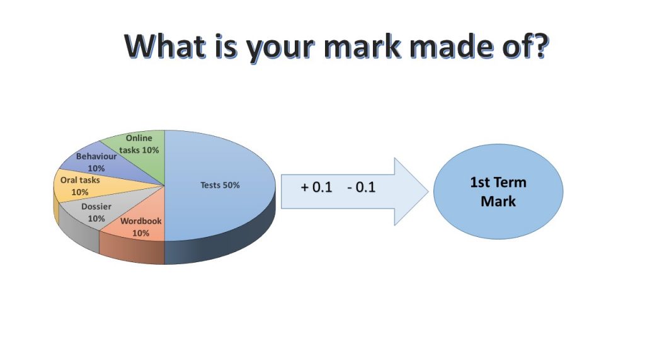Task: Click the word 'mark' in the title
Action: pyautogui.click(x=362, y=46)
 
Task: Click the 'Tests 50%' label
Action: pyautogui.click(x=220, y=185)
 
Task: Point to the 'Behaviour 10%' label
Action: pyautogui.click(x=96, y=162)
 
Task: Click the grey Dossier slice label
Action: pyautogui.click(x=96, y=212)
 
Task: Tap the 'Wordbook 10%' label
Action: pyautogui.click(x=140, y=227)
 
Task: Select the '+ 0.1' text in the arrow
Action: pyautogui.click(x=316, y=187)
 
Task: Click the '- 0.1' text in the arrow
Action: pyautogui.click(x=361, y=187)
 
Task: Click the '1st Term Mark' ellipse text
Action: pyautogui.click(x=498, y=192)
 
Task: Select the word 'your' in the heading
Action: pyautogui.click(x=280, y=49)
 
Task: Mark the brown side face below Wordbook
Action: pyautogui.click(x=132, y=251)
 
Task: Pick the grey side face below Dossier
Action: pyautogui.click(x=79, y=231)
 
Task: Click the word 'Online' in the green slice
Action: pyautogui.click(x=139, y=138)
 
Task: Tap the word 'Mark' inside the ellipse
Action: pyautogui.click(x=498, y=201)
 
